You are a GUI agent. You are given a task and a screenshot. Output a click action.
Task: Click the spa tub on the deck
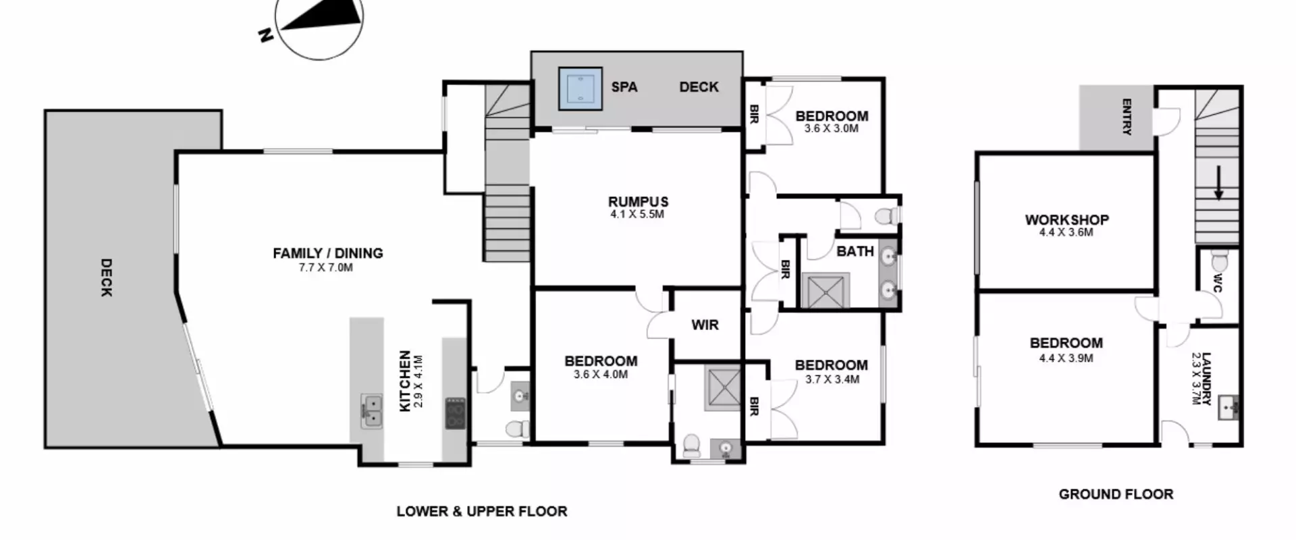pyautogui.click(x=580, y=88)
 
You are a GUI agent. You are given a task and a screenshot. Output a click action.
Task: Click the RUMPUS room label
pyautogui.click(x=638, y=201)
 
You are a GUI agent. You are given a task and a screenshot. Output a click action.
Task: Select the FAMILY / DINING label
pyautogui.click(x=327, y=253)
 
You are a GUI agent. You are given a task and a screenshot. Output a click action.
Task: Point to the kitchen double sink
pyautogui.click(x=371, y=411)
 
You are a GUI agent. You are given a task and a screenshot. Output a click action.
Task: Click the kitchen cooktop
pyautogui.click(x=455, y=413)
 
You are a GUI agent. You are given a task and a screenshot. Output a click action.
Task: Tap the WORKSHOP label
pyautogui.click(x=1066, y=219)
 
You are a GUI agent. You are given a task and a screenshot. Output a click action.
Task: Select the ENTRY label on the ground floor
pyautogui.click(x=1127, y=117)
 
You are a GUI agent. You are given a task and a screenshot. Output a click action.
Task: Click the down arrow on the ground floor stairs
pyautogui.click(x=1218, y=184)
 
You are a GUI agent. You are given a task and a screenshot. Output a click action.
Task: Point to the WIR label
pyautogui.click(x=705, y=325)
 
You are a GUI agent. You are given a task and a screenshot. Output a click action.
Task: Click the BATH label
pyautogui.click(x=855, y=251)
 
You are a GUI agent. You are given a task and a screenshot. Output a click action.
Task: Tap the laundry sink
pyautogui.click(x=1228, y=408)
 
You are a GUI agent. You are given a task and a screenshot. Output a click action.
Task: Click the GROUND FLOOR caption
pyautogui.click(x=1116, y=494)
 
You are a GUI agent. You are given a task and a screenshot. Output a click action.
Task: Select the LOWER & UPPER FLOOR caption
pyautogui.click(x=482, y=511)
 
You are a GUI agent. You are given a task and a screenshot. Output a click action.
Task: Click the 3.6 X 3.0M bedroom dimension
pyautogui.click(x=832, y=128)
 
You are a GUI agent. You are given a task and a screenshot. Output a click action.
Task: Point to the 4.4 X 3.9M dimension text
pyautogui.click(x=1066, y=358)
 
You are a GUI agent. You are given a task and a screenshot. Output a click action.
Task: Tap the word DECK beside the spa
pyautogui.click(x=699, y=87)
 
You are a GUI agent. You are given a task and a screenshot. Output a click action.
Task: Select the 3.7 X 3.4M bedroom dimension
pyautogui.click(x=832, y=379)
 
